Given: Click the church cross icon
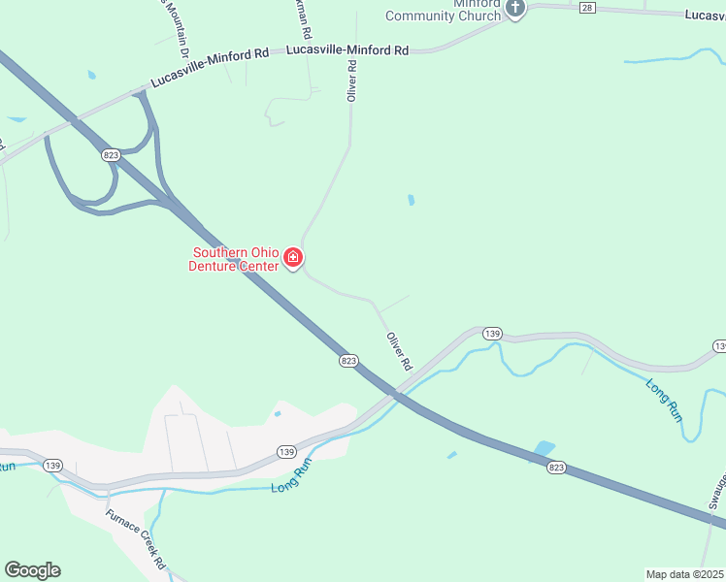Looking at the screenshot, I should pyautogui.click(x=515, y=9).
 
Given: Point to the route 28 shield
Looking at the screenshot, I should pyautogui.click(x=586, y=8).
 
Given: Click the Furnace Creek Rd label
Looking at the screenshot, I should pyautogui.click(x=136, y=539).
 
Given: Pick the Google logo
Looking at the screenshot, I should pyautogui.click(x=32, y=570).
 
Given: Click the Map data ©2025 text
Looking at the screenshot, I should pyautogui.click(x=685, y=573).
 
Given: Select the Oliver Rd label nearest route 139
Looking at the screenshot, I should pyautogui.click(x=399, y=351).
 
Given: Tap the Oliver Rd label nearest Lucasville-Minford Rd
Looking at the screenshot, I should pyautogui.click(x=353, y=80).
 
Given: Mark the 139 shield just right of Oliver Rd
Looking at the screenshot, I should pyautogui.click(x=492, y=334).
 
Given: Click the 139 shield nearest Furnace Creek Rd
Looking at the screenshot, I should pyautogui.click(x=53, y=465).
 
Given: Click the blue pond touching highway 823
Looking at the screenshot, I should pyautogui.click(x=544, y=450).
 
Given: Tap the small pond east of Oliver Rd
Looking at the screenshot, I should pyautogui.click(x=412, y=201).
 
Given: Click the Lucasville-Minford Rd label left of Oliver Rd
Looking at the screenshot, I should pyautogui.click(x=209, y=67).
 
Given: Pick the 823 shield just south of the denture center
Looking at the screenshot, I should pyautogui.click(x=349, y=361).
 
